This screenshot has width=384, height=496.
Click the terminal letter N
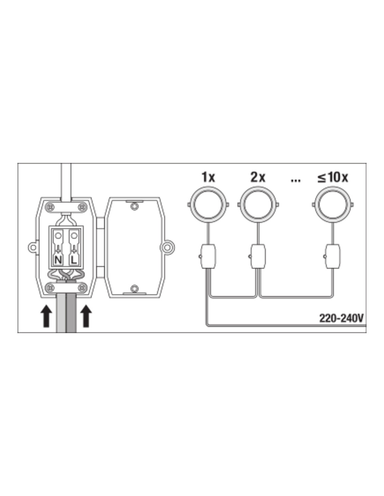pos(58,260)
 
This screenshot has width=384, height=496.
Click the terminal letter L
pos(74,260)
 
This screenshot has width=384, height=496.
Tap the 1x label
pos(208,177)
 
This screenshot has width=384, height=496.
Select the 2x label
pos(258,177)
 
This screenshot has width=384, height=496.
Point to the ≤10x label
pos(333,177)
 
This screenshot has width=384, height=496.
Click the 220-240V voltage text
pos(341,318)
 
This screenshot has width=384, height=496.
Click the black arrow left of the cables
pos(46,316)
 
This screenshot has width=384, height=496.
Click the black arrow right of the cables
pos(86,316)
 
